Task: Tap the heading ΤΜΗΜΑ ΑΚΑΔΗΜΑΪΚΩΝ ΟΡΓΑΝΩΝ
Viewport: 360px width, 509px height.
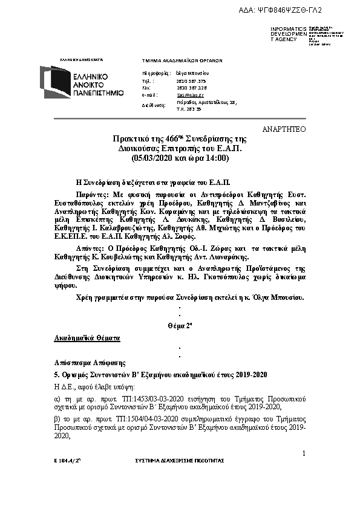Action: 182,61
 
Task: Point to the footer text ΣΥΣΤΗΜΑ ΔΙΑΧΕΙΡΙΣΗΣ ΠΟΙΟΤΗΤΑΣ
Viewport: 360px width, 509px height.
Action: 179,461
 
